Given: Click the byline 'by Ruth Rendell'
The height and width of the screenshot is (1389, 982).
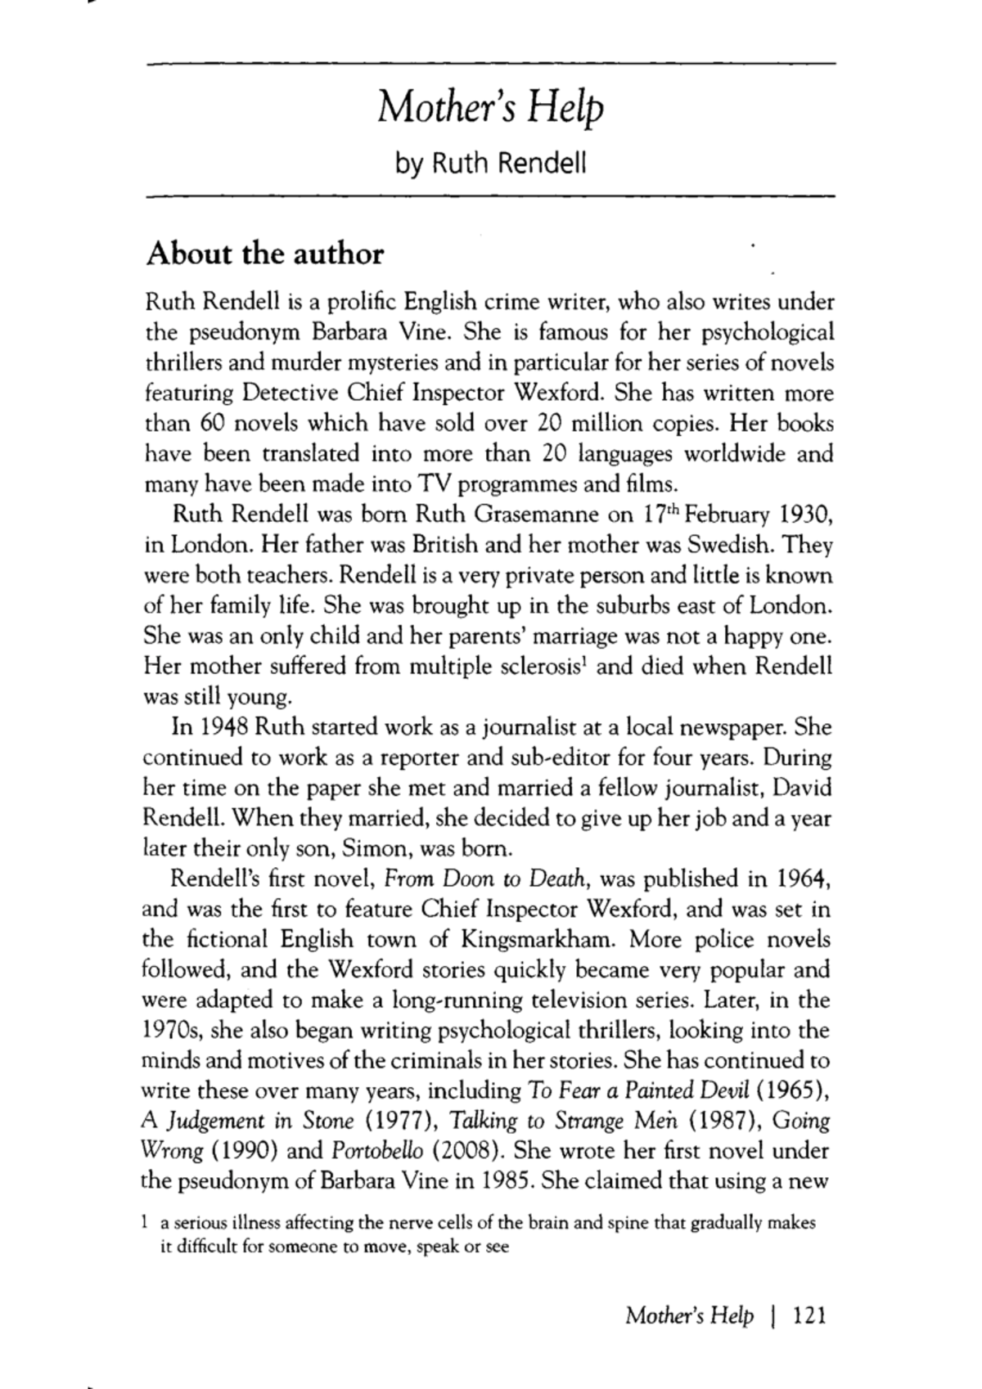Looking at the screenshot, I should (490, 164).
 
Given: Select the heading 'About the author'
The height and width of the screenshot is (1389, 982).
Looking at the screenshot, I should (264, 254).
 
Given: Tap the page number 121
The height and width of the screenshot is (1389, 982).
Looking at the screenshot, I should (811, 1315).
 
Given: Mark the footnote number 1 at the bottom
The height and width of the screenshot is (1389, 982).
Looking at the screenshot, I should (144, 1224).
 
